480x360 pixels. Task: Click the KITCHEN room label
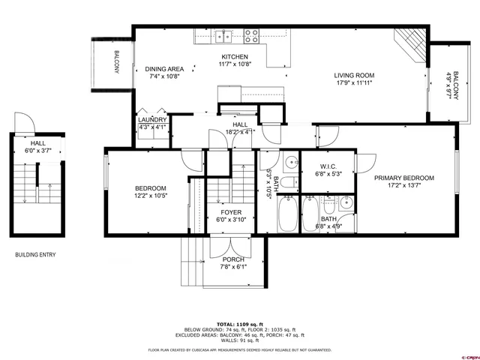(x=234, y=58)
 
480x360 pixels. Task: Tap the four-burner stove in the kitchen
(x=250, y=34)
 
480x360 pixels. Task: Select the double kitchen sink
(x=223, y=34)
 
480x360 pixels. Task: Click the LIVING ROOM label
(x=354, y=75)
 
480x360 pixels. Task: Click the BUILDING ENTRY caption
(x=35, y=255)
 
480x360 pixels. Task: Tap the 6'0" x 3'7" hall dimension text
(x=37, y=151)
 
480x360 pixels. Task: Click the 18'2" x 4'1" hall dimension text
(x=240, y=132)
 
